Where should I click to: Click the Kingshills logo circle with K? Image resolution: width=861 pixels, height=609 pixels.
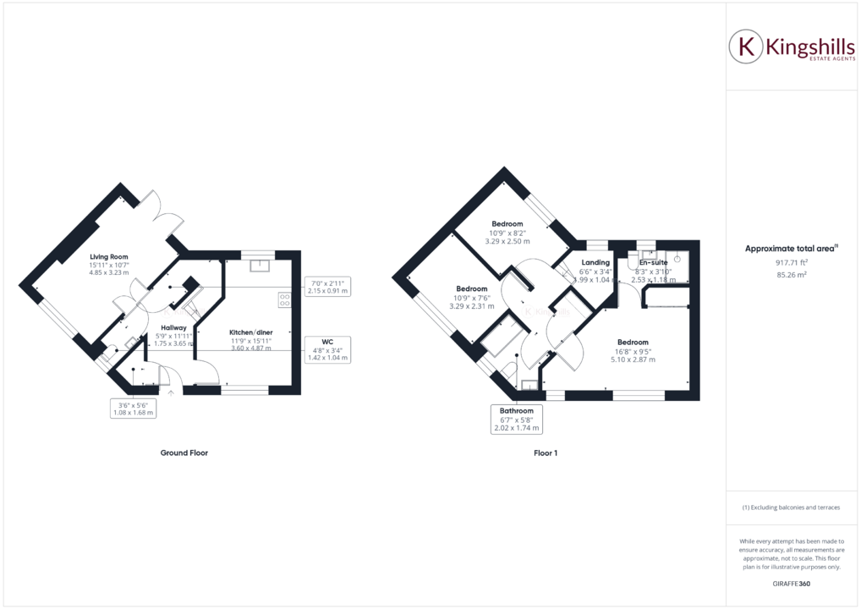click(747, 48)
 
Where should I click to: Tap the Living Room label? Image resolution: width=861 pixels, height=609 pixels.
click(109, 256)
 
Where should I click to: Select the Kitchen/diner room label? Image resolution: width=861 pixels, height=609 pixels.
click(251, 332)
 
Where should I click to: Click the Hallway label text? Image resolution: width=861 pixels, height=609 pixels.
click(173, 327)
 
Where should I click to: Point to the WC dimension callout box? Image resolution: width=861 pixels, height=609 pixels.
click(327, 349)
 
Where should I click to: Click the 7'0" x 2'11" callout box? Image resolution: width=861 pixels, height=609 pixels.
click(326, 286)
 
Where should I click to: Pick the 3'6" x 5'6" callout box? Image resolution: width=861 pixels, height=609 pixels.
click(134, 409)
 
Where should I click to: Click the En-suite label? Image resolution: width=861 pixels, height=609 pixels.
click(653, 262)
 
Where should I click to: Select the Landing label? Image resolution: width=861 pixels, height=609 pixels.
click(595, 262)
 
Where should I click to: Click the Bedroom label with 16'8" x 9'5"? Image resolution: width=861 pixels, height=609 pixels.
click(633, 343)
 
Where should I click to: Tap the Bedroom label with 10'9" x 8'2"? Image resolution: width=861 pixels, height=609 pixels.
click(507, 224)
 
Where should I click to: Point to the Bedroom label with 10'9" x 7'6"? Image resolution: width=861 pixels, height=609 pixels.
click(471, 288)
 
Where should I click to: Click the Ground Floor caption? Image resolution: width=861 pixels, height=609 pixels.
click(184, 453)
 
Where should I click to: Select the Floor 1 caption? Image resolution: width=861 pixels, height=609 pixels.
click(546, 453)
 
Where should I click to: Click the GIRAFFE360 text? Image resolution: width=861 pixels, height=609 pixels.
click(792, 584)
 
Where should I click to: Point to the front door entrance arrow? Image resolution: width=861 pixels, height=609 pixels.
click(172, 392)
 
